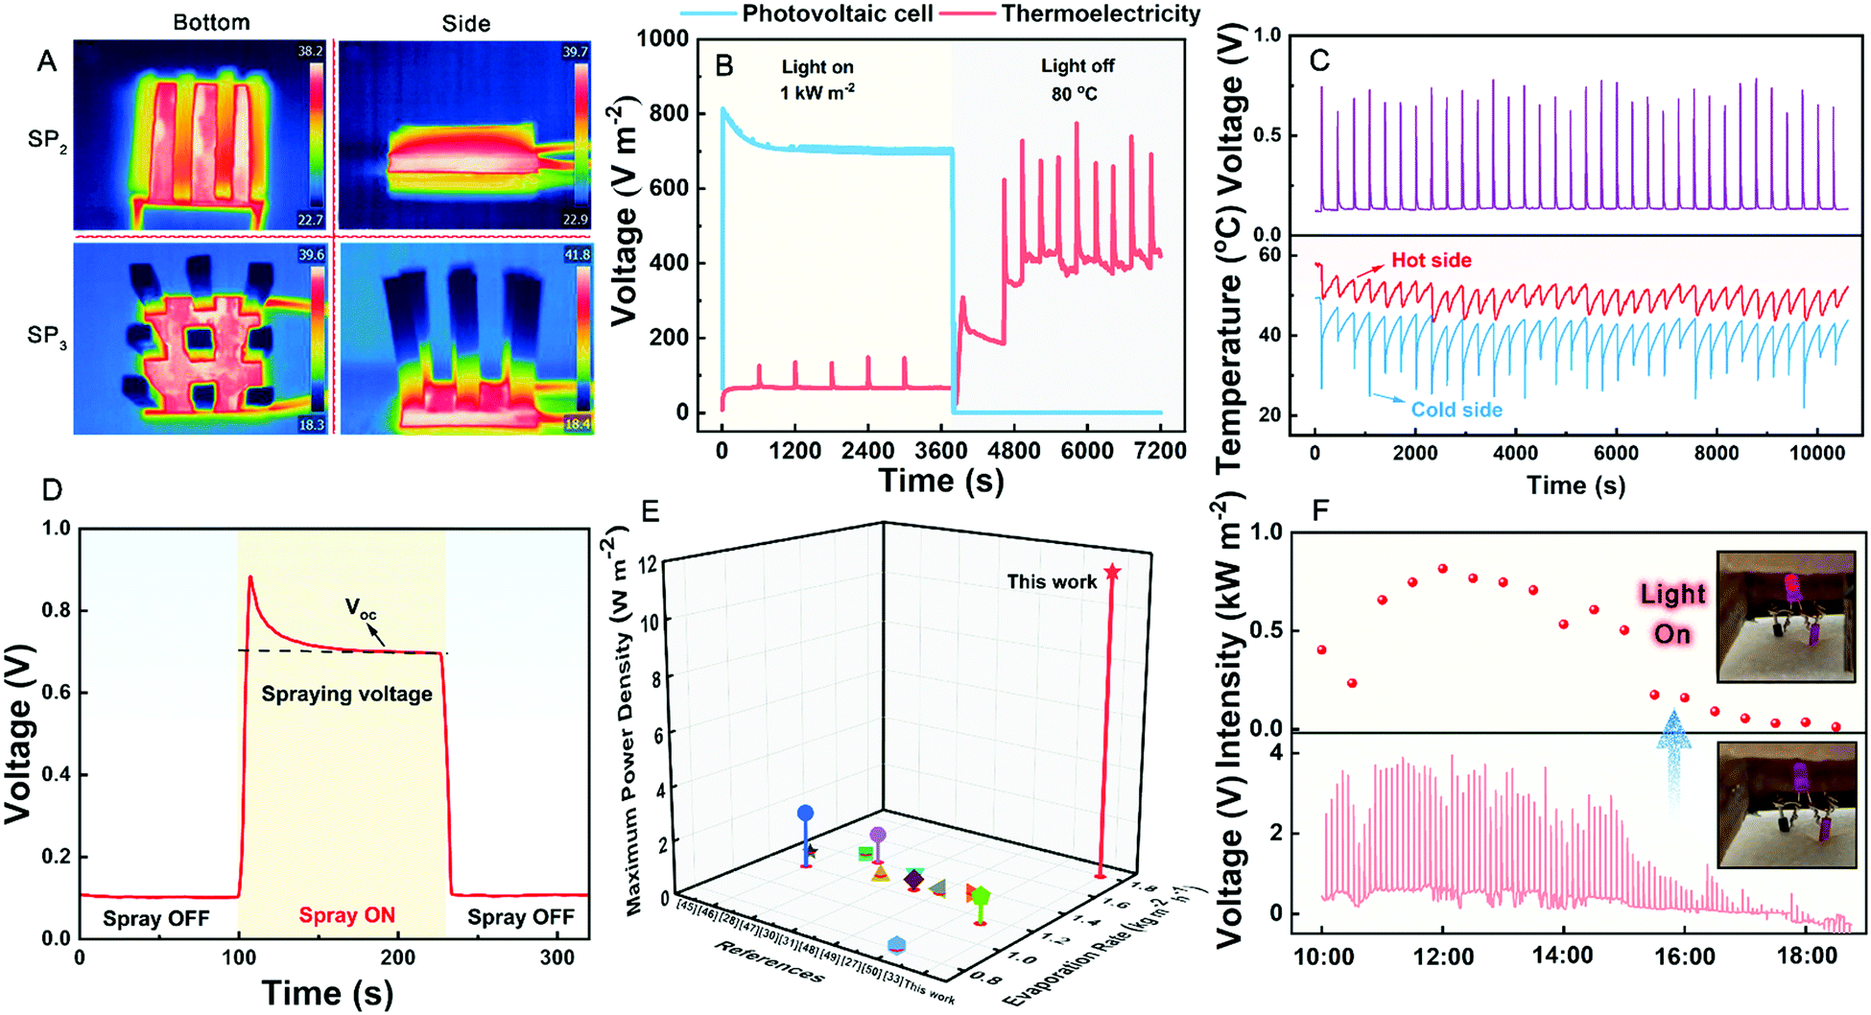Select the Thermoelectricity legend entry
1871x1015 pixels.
coord(1101,13)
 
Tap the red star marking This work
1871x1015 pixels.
coord(1112,573)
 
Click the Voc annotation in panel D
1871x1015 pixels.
coord(361,609)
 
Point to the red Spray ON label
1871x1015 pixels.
coord(346,915)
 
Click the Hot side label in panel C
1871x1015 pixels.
coord(1431,261)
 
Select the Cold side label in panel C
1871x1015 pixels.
coord(1456,410)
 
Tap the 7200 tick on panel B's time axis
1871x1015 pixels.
coord(1160,451)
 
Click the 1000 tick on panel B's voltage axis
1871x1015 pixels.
coord(663,38)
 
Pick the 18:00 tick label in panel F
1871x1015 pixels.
coord(1806,956)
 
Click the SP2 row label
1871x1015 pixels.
coord(47,140)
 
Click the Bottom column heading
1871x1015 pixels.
coord(211,23)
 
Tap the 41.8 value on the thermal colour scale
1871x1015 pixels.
coord(576,255)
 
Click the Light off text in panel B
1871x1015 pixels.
coord(1078,66)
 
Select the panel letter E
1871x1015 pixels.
coord(651,511)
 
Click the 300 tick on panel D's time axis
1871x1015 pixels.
coord(557,957)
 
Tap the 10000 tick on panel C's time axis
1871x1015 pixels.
coord(1816,453)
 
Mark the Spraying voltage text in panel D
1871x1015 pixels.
coord(346,695)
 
